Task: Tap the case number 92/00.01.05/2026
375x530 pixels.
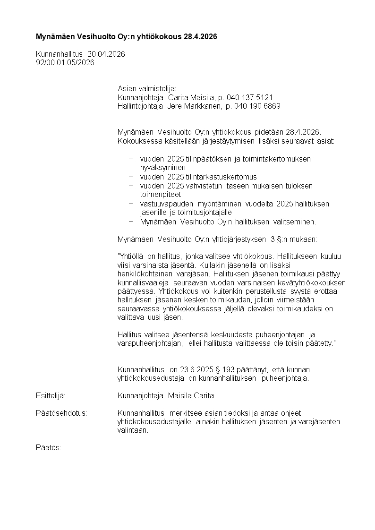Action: pyautogui.click(x=65, y=62)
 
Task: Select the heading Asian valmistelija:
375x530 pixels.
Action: pyautogui.click(x=146, y=89)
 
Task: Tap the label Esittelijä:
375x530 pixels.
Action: pyautogui.click(x=51, y=395)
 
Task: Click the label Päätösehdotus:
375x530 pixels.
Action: pyautogui.click(x=61, y=413)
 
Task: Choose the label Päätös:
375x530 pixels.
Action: pyautogui.click(x=49, y=447)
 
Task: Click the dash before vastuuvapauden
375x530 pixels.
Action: pyautogui.click(x=131, y=204)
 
